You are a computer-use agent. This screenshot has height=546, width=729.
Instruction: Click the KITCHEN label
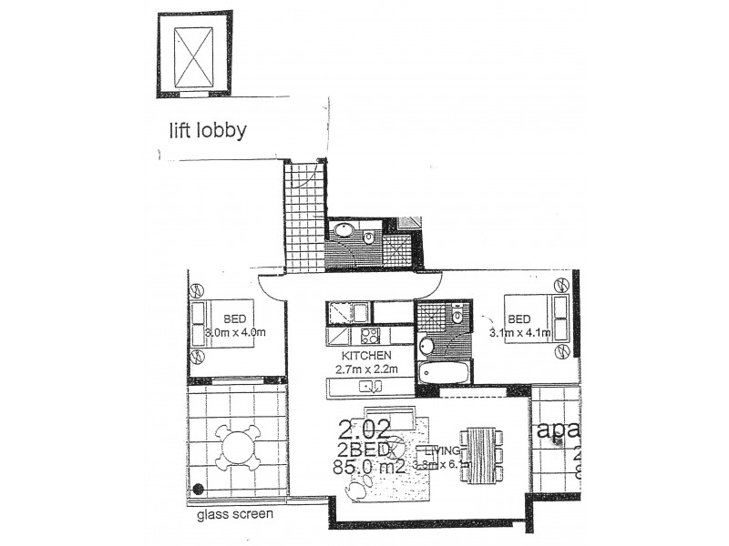click(x=366, y=356)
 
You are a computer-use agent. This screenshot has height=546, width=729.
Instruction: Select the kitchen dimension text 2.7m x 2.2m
click(x=366, y=369)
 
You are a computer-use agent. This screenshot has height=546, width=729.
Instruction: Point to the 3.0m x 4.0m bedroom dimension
click(x=234, y=332)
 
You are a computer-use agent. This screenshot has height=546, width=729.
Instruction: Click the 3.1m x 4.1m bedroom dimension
click(x=519, y=333)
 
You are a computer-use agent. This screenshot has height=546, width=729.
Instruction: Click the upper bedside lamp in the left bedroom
click(x=196, y=293)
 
